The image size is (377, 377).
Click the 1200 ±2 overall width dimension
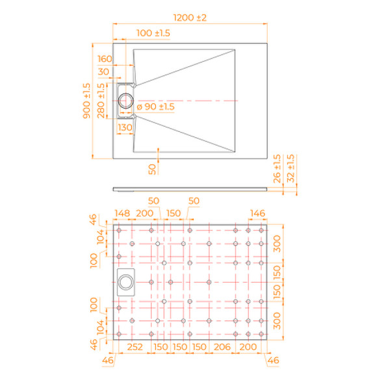click(x=190, y=18)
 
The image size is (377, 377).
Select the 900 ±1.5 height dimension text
click(x=86, y=101)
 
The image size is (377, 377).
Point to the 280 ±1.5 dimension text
click(x=101, y=101)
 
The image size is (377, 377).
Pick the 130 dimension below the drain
click(x=125, y=127)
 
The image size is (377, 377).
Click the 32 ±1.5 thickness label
click(x=290, y=168)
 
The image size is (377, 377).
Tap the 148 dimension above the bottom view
click(x=123, y=213)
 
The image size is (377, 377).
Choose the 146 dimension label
click(x=258, y=213)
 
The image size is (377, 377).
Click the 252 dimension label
click(x=135, y=348)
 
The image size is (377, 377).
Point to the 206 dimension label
click(x=222, y=348)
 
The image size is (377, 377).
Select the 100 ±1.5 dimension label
click(x=154, y=32)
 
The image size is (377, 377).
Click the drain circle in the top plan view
click(x=127, y=101)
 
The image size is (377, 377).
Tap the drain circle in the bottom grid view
click(x=125, y=281)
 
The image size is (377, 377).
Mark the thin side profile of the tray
click(x=190, y=189)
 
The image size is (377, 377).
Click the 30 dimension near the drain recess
click(x=104, y=71)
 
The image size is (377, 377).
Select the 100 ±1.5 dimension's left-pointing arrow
click(x=116, y=40)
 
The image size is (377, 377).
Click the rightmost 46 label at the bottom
click(x=274, y=359)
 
